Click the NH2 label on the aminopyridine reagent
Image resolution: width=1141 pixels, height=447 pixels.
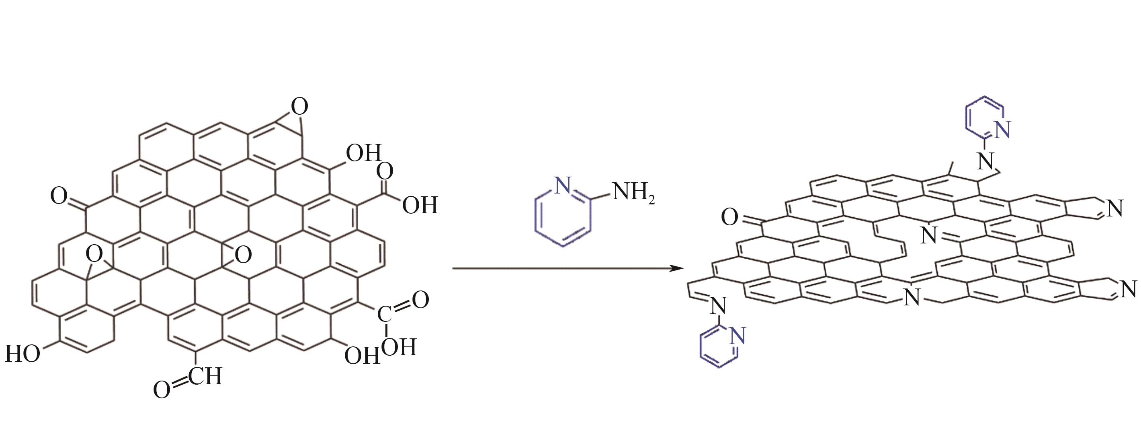point(633,194)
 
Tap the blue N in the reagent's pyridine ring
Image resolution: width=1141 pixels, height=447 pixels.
point(563,185)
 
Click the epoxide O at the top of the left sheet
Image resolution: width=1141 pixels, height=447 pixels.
point(299,107)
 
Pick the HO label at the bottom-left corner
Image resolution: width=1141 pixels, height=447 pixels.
point(22,354)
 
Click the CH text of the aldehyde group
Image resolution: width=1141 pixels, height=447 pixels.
point(205,376)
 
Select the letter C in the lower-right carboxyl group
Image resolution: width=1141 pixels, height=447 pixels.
point(384,314)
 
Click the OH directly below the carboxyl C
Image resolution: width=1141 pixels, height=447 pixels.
point(399,347)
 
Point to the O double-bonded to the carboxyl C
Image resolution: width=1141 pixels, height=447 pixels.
point(420,300)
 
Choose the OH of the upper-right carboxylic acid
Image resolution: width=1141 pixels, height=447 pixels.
point(420,205)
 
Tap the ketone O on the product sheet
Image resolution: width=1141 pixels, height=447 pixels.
point(729,217)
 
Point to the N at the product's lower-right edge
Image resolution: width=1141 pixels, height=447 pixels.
point(1129,290)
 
